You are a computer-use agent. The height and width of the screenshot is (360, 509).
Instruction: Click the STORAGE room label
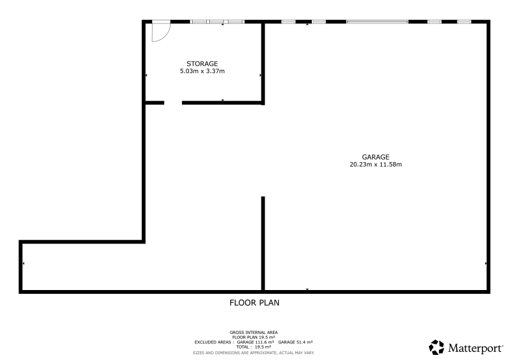point(202,64)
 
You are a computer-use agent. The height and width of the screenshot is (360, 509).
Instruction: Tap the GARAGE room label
point(375,157)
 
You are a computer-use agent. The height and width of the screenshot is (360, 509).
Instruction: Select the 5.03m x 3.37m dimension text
point(202,71)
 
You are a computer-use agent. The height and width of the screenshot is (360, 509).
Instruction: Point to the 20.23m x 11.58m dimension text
point(375,164)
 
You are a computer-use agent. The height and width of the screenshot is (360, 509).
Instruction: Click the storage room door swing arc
point(167,35)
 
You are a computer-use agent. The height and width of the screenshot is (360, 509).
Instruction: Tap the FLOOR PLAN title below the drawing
point(254,303)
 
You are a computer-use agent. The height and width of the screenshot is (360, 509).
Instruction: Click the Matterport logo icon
point(436,347)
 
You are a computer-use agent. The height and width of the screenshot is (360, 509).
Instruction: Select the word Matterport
point(475,349)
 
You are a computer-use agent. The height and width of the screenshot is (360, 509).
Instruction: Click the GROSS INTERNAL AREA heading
point(253,333)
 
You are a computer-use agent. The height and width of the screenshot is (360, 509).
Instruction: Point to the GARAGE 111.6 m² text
point(256,342)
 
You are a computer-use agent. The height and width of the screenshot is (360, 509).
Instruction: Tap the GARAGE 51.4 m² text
point(295,342)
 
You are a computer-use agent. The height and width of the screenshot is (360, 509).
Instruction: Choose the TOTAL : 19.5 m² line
point(253,347)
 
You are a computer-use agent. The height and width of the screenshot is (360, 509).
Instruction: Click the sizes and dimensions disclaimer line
point(253,353)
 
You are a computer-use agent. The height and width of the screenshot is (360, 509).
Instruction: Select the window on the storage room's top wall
point(217,22)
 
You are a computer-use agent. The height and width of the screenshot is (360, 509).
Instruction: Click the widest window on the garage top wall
point(377,22)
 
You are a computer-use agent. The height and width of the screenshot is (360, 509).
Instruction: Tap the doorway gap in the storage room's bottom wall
point(173,102)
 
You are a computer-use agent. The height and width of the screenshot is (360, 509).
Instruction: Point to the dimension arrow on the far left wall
point(24,263)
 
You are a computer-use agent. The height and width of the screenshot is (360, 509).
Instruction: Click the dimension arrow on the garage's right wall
point(486,263)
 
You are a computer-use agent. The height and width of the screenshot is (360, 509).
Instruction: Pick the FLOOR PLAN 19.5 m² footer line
point(253,337)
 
